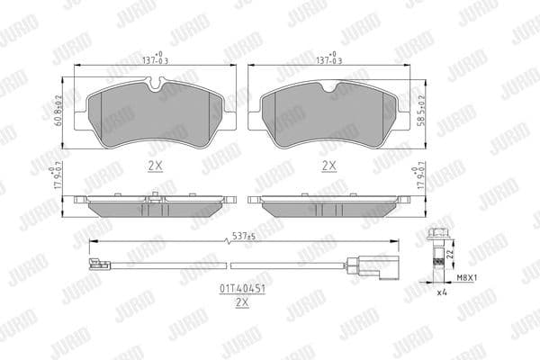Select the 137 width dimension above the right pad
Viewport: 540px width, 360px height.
coord(330,58)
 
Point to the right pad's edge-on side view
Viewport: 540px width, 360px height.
coord(328,205)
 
